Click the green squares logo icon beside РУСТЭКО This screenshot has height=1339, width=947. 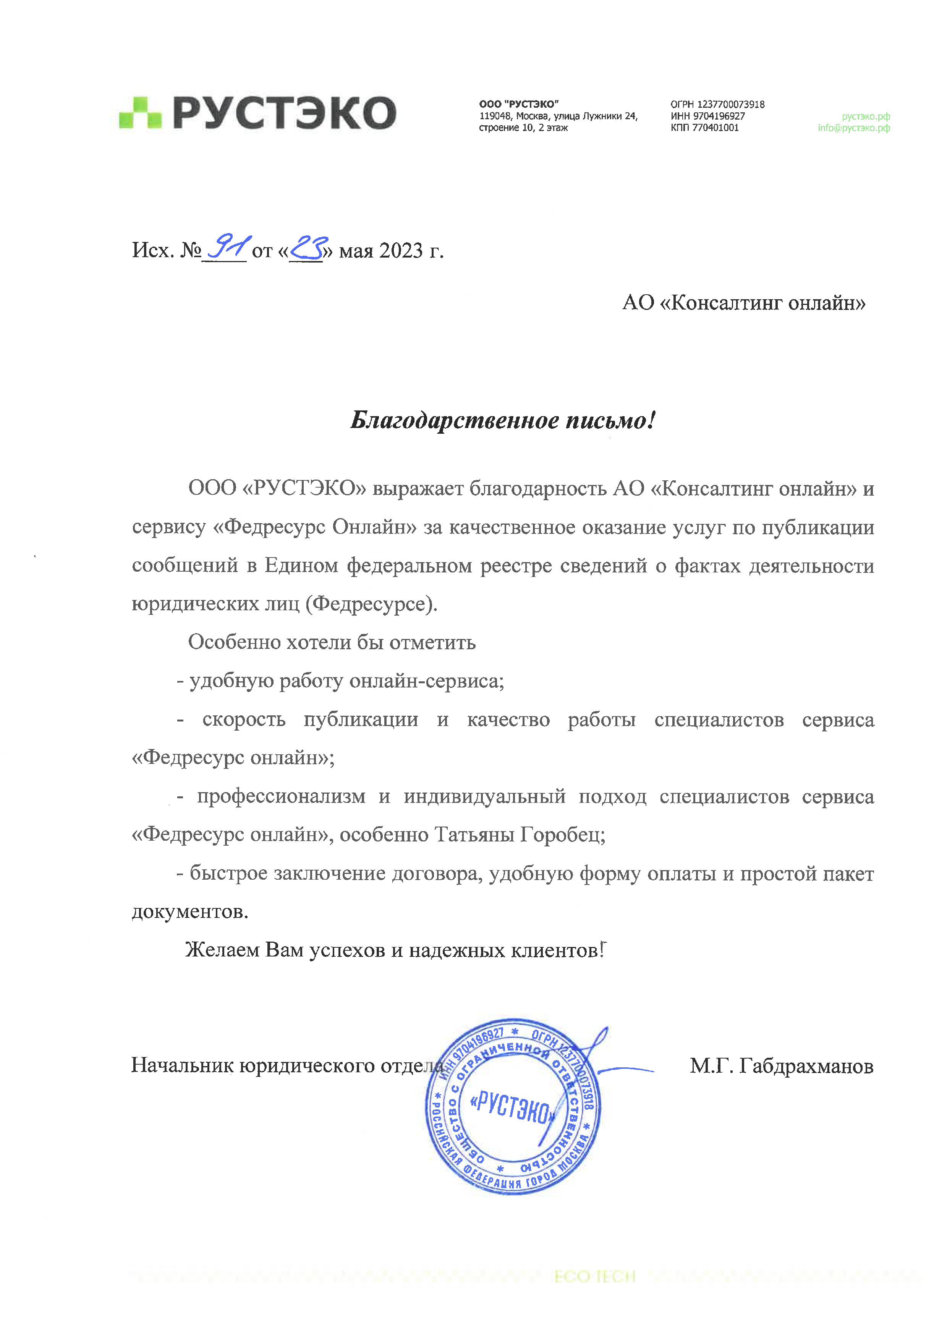pos(140,113)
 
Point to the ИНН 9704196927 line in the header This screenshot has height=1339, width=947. pos(707,116)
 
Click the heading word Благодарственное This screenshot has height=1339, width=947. pos(454,420)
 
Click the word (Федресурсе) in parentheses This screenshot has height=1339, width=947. pos(371,604)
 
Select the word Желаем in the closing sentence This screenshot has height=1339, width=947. pos(223,950)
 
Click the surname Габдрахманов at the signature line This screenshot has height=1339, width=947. pos(806,1066)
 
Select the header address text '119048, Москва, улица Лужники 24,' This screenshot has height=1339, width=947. pos(558,116)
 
